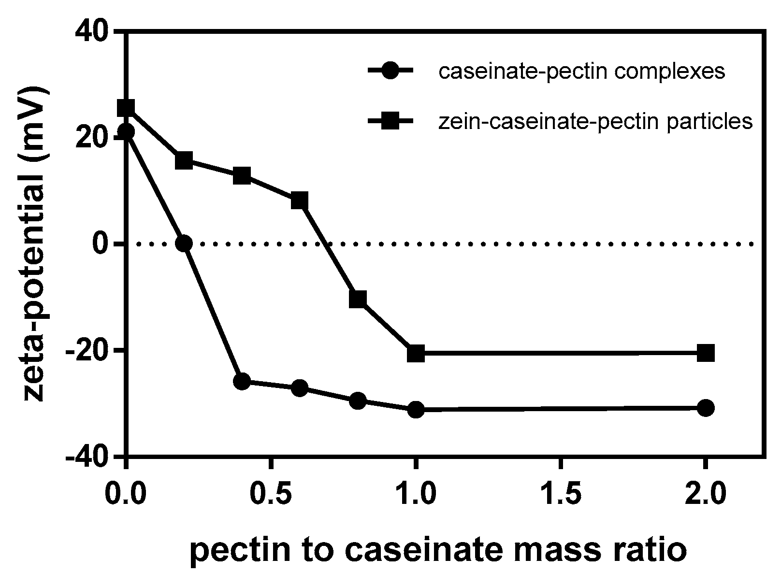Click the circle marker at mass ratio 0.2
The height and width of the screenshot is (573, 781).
pyautogui.click(x=184, y=243)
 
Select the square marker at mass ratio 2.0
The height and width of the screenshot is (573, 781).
pyautogui.click(x=706, y=353)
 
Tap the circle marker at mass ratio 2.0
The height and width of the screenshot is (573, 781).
pyautogui.click(x=706, y=408)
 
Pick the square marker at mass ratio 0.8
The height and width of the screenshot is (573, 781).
pyautogui.click(x=358, y=299)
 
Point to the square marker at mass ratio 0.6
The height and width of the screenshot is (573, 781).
pyautogui.click(x=300, y=200)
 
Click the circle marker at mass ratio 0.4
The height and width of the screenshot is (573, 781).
pyautogui.click(x=242, y=382)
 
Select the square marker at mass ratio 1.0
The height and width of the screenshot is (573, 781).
pyautogui.click(x=416, y=354)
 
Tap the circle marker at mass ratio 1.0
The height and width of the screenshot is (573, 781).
pyautogui.click(x=416, y=410)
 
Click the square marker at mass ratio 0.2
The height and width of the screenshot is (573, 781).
pyautogui.click(x=184, y=160)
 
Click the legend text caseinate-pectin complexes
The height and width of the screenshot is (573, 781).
pyautogui.click(x=582, y=72)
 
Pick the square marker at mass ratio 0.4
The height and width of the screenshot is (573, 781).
pyautogui.click(x=242, y=176)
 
